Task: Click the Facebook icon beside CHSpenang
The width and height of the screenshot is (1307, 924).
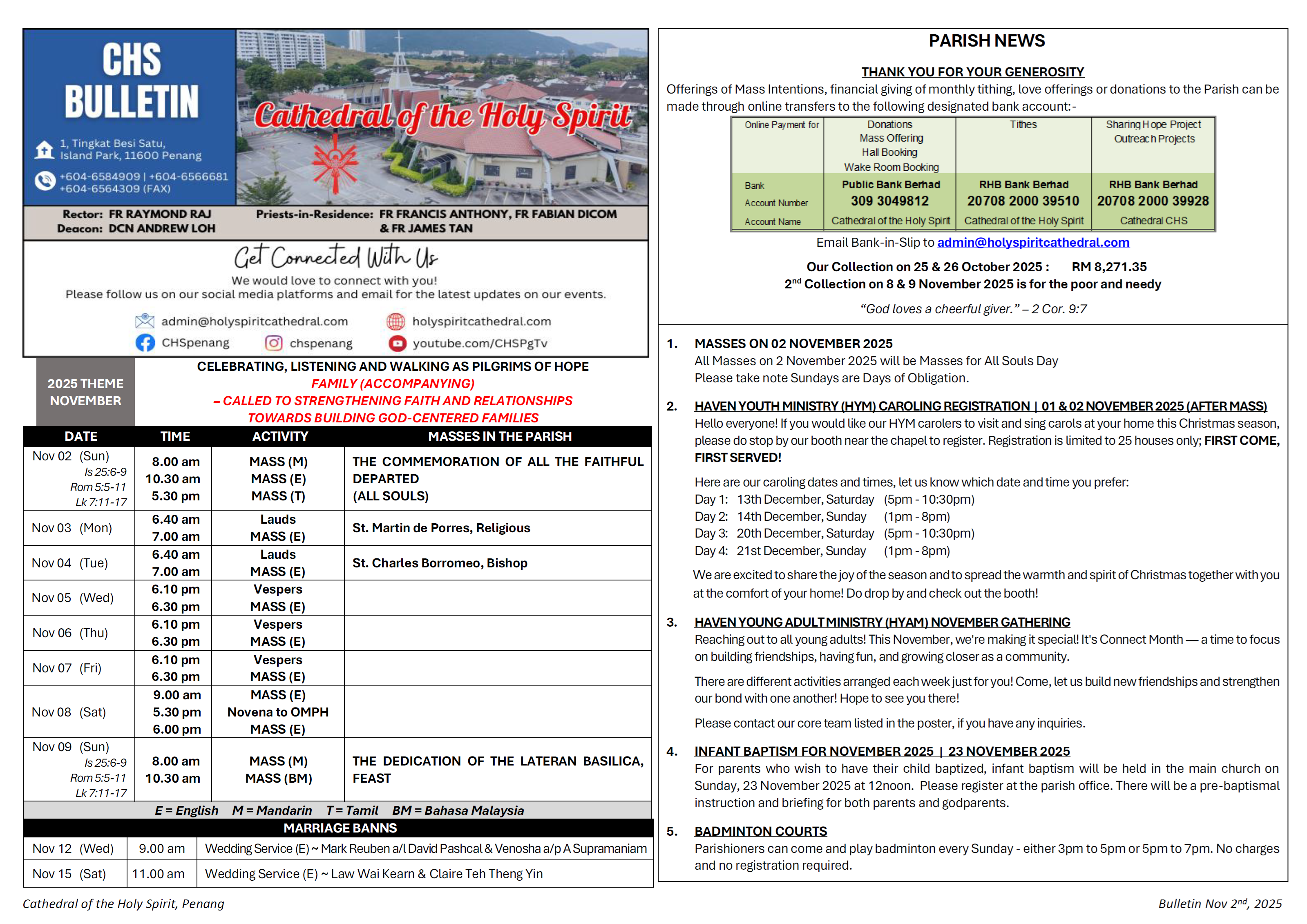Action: (x=145, y=343)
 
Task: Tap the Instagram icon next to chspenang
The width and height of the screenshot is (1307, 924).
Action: (x=274, y=343)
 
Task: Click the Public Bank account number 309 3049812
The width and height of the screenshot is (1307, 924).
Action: (x=890, y=201)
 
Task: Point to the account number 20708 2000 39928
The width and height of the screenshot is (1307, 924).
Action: (x=1153, y=201)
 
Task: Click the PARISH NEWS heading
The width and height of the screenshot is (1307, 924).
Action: (x=987, y=41)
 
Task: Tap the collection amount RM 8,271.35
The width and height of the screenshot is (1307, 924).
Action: (x=1109, y=267)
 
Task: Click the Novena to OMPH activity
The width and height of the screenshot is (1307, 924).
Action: (x=278, y=712)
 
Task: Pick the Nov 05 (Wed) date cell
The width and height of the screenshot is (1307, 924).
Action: (x=73, y=598)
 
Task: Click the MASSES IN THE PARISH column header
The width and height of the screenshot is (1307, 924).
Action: (x=499, y=437)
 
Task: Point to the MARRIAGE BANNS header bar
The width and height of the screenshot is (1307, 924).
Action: (x=340, y=828)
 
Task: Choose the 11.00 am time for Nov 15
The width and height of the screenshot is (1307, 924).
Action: (x=158, y=874)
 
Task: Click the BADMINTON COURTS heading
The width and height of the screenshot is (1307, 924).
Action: (x=760, y=831)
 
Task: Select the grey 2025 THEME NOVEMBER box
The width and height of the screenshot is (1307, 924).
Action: (x=85, y=392)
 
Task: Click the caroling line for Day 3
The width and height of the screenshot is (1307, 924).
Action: (x=834, y=533)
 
